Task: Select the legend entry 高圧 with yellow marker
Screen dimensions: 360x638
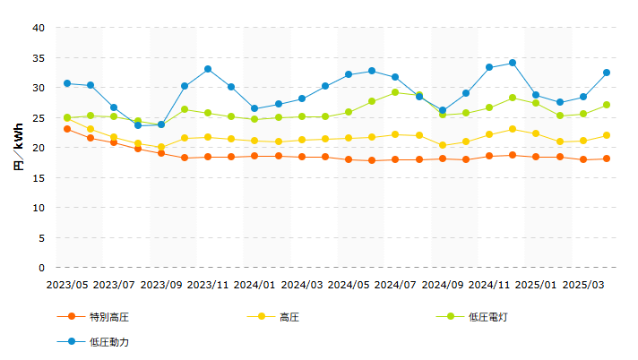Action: tap(289, 317)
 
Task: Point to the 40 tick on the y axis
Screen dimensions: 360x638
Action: tap(39, 28)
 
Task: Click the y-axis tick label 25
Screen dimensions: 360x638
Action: tap(39, 118)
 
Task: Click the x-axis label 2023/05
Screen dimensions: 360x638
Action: tap(67, 285)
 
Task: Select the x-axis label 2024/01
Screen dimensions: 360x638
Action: tap(254, 285)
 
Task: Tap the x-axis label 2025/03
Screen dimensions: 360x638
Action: tap(582, 285)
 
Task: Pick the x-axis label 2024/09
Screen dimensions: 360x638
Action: tap(442, 285)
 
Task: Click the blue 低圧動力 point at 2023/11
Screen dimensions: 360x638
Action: tap(208, 69)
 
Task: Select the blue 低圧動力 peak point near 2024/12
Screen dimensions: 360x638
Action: tap(513, 63)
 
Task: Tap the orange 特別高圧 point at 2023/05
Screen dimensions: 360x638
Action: tap(67, 129)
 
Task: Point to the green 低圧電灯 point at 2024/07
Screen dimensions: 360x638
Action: tap(395, 92)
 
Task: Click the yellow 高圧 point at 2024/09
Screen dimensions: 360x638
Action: tap(443, 145)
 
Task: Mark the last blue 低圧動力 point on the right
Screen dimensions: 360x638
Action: tap(607, 73)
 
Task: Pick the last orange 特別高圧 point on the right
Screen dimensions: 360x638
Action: tap(607, 159)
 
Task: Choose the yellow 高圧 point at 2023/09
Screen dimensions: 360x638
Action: tap(161, 147)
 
